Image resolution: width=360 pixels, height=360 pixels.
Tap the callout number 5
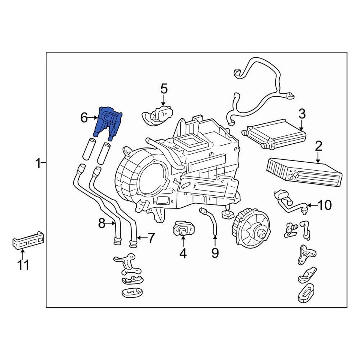(x=164, y=89)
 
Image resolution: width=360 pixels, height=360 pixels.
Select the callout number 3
(x=302, y=114)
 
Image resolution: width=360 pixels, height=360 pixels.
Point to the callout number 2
(x=318, y=146)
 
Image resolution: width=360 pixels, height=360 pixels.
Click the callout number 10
(x=325, y=205)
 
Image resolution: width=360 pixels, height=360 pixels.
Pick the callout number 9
(x=215, y=253)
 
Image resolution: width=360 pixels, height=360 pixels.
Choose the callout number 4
(x=183, y=254)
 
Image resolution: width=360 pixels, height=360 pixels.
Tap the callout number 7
(x=150, y=237)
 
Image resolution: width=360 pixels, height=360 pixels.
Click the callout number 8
(x=102, y=224)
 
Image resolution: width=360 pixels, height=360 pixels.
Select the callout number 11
(x=23, y=265)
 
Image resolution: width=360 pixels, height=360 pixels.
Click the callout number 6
(x=84, y=118)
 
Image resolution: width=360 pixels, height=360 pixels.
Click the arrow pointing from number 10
(x=312, y=205)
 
